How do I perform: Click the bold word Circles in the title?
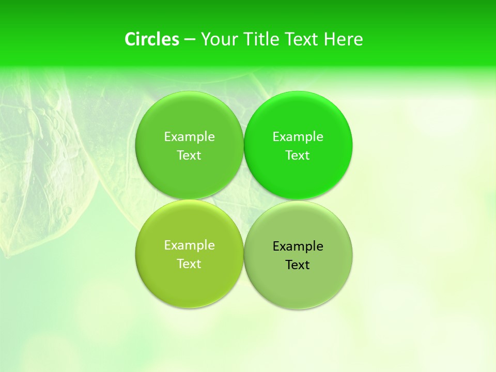click(152, 39)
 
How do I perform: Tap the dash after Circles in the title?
click(190, 39)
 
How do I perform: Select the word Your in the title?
click(218, 39)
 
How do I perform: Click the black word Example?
click(298, 246)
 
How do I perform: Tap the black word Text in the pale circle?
click(298, 265)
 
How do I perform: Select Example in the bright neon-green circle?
click(298, 137)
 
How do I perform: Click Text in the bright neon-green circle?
click(298, 156)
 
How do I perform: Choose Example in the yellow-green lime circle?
click(189, 245)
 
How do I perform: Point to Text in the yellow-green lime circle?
click(189, 264)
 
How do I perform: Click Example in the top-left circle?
click(189, 137)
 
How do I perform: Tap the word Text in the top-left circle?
click(189, 156)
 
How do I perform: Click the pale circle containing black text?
click(298, 289)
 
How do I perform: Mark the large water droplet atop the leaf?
click(52, 96)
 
